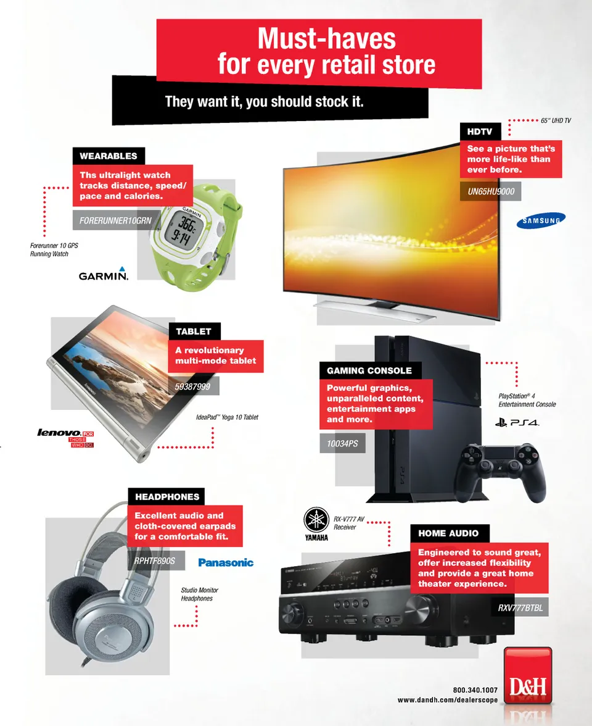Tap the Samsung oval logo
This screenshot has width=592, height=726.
coord(541,220)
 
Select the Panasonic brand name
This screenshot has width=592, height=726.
coord(226,562)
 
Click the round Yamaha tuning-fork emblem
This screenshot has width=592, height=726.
coord(316,520)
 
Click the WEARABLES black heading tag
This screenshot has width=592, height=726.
coord(109,156)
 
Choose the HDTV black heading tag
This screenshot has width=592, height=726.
coord(480,131)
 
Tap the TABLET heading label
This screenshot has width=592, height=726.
coord(194,332)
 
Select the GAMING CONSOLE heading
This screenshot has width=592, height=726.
coord(369,370)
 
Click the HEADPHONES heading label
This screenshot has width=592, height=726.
coord(167,497)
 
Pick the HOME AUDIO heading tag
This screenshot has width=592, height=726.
coord(449,533)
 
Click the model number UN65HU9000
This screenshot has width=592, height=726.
coord(491,191)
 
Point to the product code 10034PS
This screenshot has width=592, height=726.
coord(342,443)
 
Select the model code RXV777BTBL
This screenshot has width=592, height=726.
coord(520,607)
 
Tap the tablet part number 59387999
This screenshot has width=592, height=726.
coord(194,386)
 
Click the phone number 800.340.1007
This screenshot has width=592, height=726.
coord(475,690)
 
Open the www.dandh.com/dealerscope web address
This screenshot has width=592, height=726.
coord(448,700)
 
